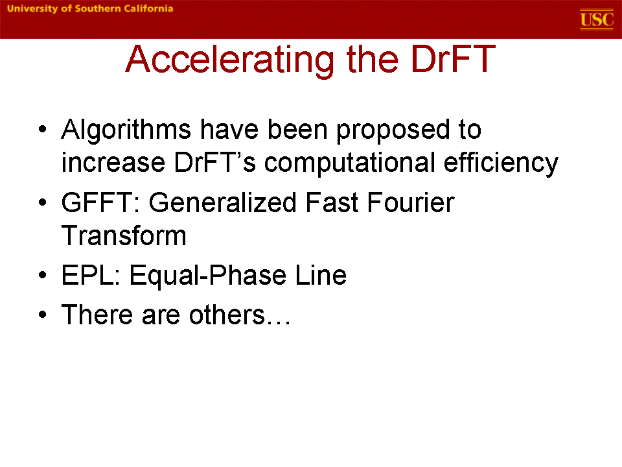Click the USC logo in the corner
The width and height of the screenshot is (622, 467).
[597, 19]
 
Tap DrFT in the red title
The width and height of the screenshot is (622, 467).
[454, 59]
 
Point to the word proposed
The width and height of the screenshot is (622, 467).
[393, 130]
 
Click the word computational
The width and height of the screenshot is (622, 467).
[350, 163]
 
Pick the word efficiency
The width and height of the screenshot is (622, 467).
[501, 163]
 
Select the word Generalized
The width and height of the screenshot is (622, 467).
[222, 202]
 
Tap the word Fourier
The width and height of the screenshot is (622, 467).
[411, 202]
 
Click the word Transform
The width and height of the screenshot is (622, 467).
[124, 235]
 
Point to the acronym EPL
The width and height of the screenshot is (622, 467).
[91, 275]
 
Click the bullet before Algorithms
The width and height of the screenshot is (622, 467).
[43, 130]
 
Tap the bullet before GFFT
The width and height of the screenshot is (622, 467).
[43, 202]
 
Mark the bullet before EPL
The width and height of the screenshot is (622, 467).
[43, 275]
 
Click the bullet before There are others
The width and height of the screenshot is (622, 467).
[43, 315]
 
